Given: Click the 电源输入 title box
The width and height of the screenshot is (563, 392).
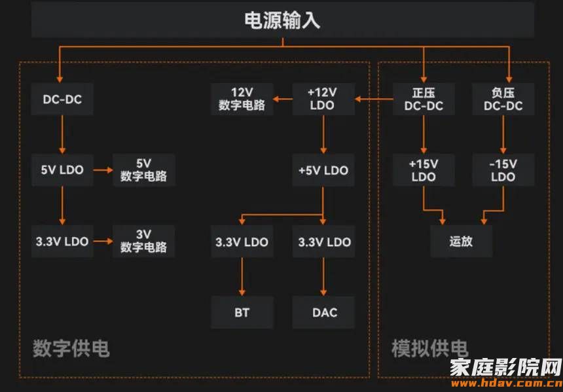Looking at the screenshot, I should [x=283, y=20].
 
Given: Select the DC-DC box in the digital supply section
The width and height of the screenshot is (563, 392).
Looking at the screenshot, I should [x=62, y=99].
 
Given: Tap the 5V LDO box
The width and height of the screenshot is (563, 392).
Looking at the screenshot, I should [x=62, y=170].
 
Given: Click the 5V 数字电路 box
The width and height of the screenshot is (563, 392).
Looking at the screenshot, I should [x=144, y=170].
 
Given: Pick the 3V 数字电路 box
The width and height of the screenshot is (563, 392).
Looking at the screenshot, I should [x=144, y=241].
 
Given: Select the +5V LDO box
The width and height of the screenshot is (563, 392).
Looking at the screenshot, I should [x=323, y=170].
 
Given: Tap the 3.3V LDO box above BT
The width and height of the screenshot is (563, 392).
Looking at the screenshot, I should [x=242, y=242].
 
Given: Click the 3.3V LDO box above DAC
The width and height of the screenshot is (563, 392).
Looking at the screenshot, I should [x=324, y=242].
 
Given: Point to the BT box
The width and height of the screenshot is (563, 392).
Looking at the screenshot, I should [x=242, y=312].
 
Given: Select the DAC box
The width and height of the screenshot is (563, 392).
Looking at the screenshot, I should [x=324, y=312].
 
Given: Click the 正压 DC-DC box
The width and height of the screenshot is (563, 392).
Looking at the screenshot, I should [x=424, y=99].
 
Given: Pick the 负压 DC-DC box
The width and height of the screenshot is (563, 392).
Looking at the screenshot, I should [x=503, y=99].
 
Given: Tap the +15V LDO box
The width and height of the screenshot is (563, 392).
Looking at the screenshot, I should [x=424, y=170].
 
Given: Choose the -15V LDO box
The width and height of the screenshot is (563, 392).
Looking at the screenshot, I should [x=503, y=170].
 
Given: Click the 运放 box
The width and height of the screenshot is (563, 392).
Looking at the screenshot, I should [x=461, y=241].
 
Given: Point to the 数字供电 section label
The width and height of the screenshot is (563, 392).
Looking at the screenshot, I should [x=71, y=348].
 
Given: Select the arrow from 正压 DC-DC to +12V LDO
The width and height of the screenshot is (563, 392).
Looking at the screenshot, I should [x=374, y=99].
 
